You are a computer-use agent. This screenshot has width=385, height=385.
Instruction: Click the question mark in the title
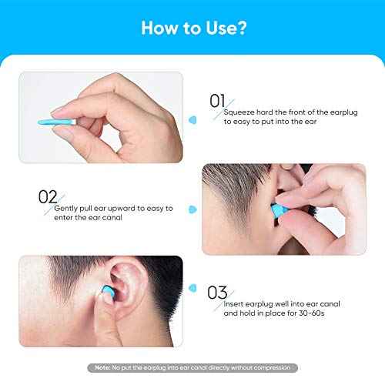[x=242, y=28]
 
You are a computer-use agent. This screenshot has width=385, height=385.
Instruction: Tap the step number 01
[x=217, y=101]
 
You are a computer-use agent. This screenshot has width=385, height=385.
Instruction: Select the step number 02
[x=48, y=197]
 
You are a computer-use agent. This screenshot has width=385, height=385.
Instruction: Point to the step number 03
[x=217, y=293]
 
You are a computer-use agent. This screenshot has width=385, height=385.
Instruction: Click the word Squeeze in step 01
[x=239, y=112]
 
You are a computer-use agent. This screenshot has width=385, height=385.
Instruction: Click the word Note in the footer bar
[x=102, y=367]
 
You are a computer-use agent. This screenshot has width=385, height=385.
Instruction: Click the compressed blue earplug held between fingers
[x=57, y=122]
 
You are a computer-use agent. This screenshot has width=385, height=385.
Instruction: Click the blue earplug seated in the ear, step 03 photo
[x=108, y=292]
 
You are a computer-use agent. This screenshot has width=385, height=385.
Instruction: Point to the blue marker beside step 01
[x=192, y=120]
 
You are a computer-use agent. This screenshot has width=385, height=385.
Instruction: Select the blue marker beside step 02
[x=192, y=209]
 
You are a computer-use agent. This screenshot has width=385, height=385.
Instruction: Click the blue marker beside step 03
[x=192, y=288]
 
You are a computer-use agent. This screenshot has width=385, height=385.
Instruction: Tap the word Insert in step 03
[x=233, y=304]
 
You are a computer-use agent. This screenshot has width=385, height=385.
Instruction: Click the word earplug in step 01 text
[x=343, y=112]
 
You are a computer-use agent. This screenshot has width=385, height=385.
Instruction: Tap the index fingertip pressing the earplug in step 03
[x=107, y=299]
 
